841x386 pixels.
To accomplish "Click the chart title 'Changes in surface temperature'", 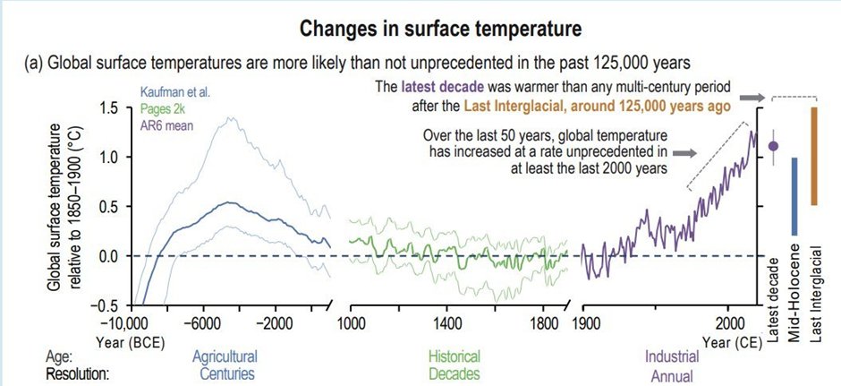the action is (441, 29).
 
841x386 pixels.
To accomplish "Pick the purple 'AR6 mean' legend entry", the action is (166, 126).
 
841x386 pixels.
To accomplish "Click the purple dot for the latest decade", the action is (773, 145).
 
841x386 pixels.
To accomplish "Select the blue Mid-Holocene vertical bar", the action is (794, 196).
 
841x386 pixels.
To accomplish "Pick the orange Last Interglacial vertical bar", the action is (813, 156).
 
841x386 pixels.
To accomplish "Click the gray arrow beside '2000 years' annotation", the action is (684, 153).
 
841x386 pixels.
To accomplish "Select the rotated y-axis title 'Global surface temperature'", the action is (54, 207).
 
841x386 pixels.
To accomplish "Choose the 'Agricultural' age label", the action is (225, 356).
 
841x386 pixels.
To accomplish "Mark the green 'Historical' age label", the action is (454, 356).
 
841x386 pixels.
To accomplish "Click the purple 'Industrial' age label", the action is (672, 356).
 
